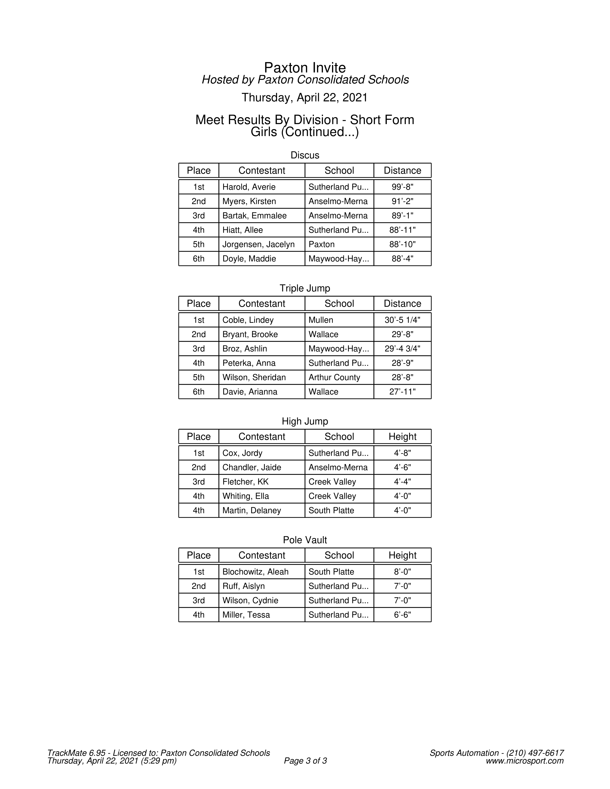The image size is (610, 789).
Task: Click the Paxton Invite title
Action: coord(305,68)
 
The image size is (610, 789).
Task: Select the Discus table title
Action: coord(305,155)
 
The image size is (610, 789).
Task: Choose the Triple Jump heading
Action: coord(305,288)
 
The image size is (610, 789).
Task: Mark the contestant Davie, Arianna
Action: coord(250,392)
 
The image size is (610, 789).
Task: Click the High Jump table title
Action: coord(305,421)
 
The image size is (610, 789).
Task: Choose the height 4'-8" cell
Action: coord(402,453)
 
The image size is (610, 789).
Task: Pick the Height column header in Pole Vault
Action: coord(402,555)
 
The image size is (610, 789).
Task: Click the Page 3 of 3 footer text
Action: coord(305,761)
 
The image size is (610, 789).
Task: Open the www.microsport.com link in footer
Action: coord(524,761)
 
